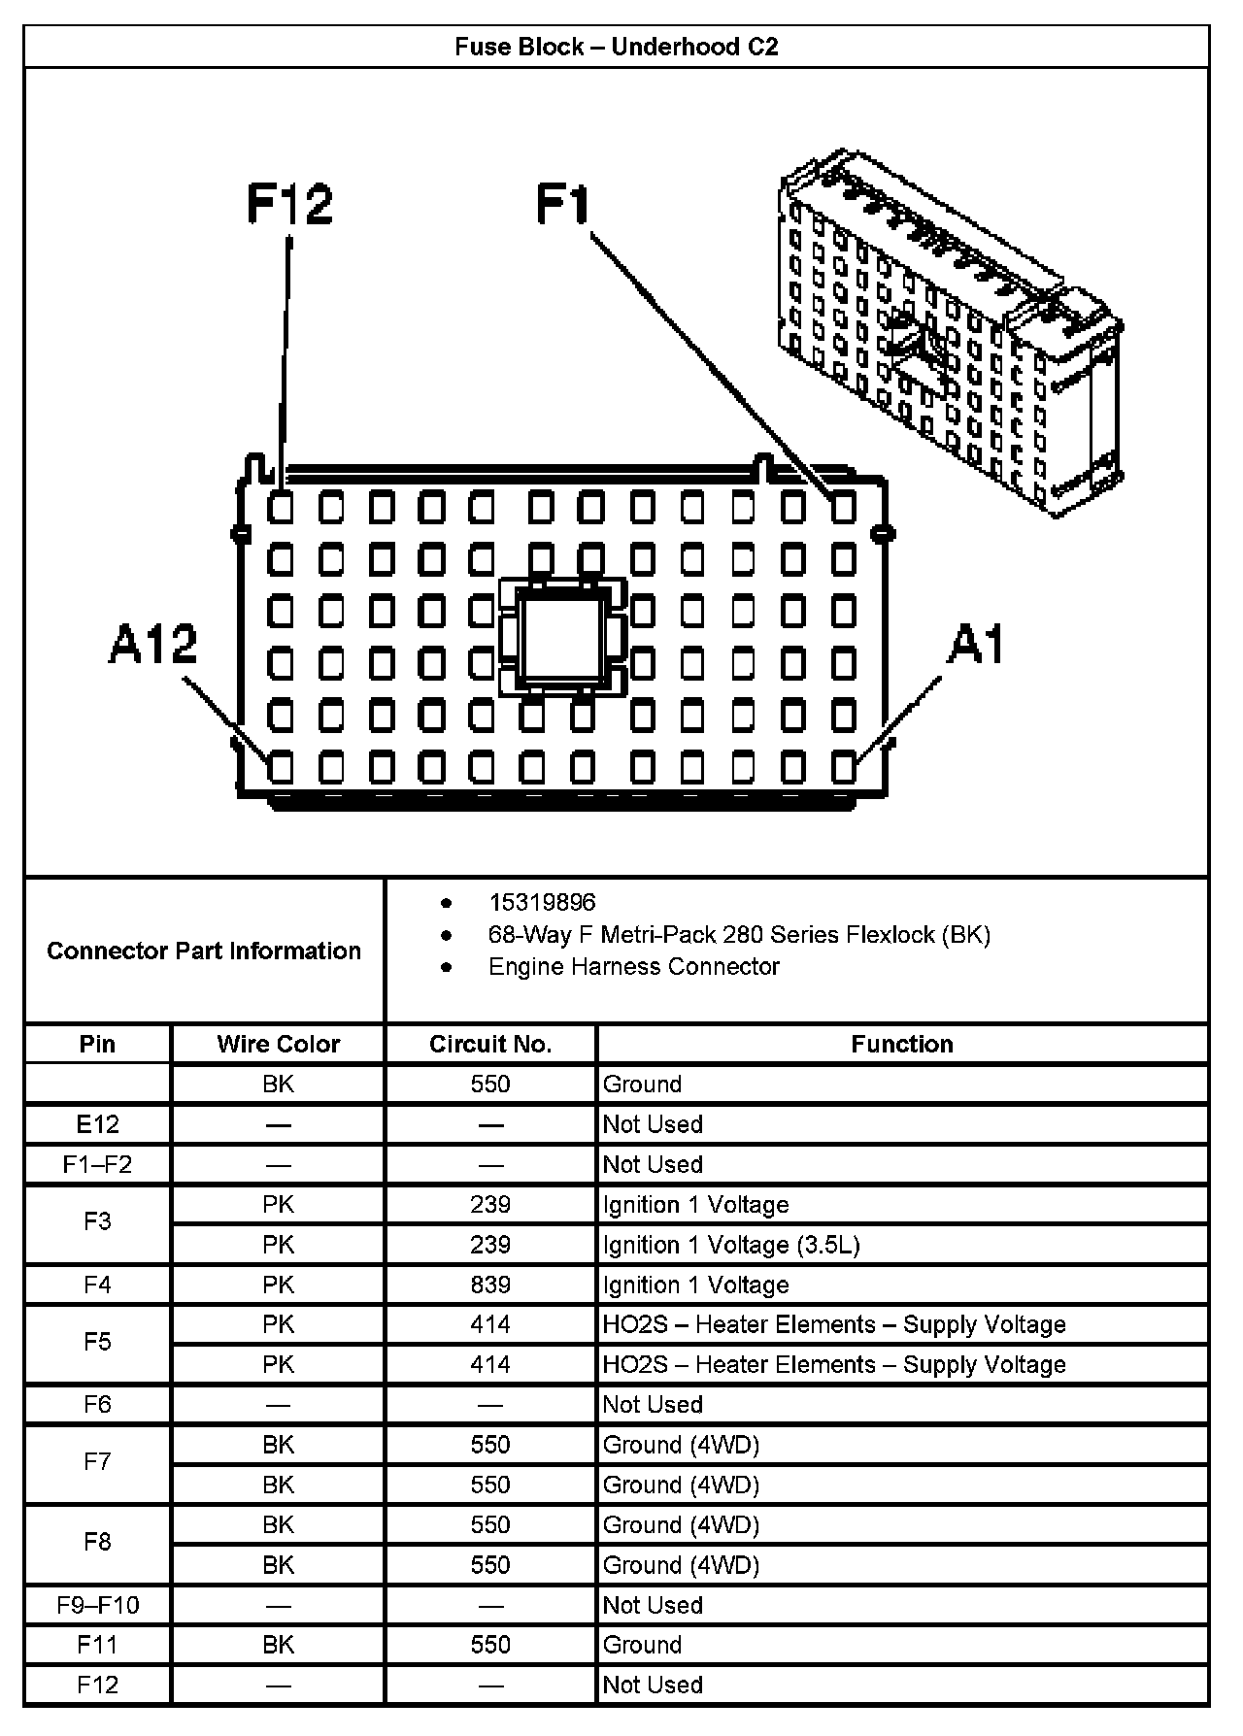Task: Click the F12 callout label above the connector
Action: pyautogui.click(x=289, y=204)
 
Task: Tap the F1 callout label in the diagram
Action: pyautogui.click(x=563, y=205)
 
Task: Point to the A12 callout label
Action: pyautogui.click(x=152, y=644)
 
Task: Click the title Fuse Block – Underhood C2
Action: pyautogui.click(x=616, y=47)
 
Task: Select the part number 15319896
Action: pyautogui.click(x=542, y=903)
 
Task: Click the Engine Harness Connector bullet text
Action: pyautogui.click(x=633, y=967)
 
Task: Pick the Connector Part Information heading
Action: pyautogui.click(x=204, y=951)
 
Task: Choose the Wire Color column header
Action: pyautogui.click(x=278, y=1044)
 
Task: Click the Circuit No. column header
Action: pyautogui.click(x=490, y=1044)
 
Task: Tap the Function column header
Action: pyautogui.click(x=901, y=1044)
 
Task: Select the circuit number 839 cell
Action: pyautogui.click(x=490, y=1285)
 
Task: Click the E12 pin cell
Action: pyautogui.click(x=98, y=1124)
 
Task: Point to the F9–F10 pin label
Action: pyautogui.click(x=98, y=1605)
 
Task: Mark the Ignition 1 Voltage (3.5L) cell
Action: pyautogui.click(x=730, y=1245)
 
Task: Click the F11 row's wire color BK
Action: pyautogui.click(x=278, y=1645)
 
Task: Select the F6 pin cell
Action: pyautogui.click(x=98, y=1404)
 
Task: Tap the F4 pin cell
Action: pyautogui.click(x=98, y=1285)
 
